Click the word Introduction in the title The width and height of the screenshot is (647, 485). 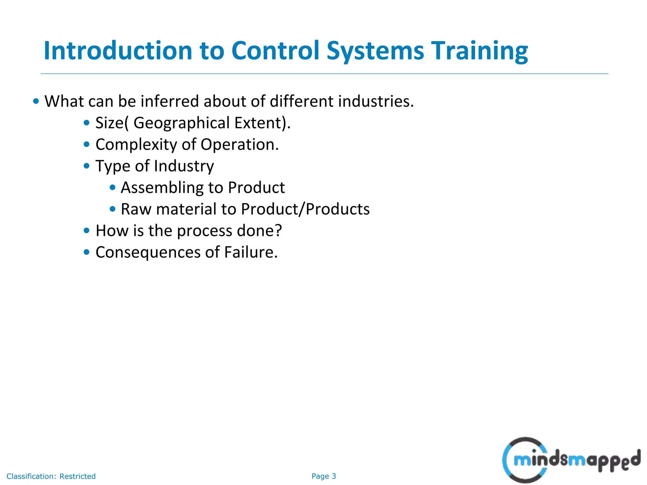click(118, 51)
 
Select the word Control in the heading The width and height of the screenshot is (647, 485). click(275, 51)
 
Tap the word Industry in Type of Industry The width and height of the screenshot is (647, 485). click(184, 166)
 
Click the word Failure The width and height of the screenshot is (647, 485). click(251, 252)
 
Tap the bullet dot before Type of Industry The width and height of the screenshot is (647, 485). click(87, 166)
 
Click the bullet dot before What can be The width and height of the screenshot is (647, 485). click(36, 101)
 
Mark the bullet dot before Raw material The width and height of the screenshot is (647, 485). click(112, 209)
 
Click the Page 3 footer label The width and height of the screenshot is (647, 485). click(323, 476)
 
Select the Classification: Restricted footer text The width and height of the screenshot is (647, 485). click(51, 476)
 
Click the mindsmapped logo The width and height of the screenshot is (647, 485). click(571, 460)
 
